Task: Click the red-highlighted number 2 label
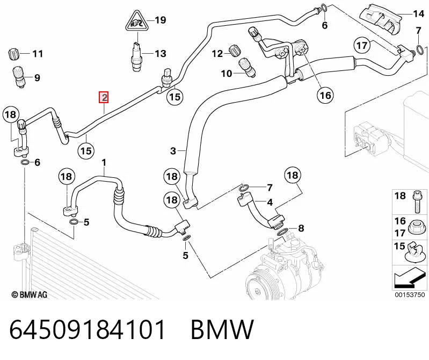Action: (x=104, y=97)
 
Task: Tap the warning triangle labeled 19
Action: (x=137, y=21)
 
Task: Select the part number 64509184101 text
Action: (x=88, y=329)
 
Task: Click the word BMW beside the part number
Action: (x=222, y=329)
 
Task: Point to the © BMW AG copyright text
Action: (x=30, y=294)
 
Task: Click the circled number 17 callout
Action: (x=362, y=45)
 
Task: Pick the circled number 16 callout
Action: (x=325, y=95)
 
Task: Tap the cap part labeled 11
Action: (x=13, y=54)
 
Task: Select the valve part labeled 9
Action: (x=19, y=77)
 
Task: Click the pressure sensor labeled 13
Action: (x=137, y=55)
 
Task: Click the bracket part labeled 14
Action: (x=381, y=20)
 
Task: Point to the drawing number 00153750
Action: (x=410, y=294)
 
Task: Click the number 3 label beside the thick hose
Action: (x=173, y=151)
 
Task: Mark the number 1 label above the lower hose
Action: (x=104, y=163)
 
